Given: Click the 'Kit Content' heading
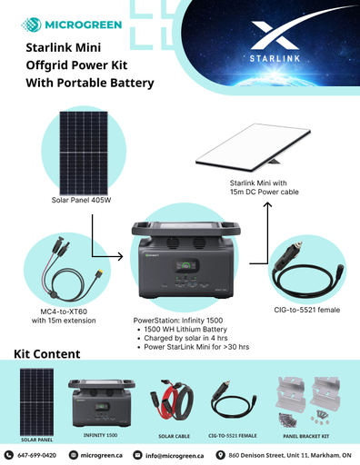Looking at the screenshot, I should [47, 353].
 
